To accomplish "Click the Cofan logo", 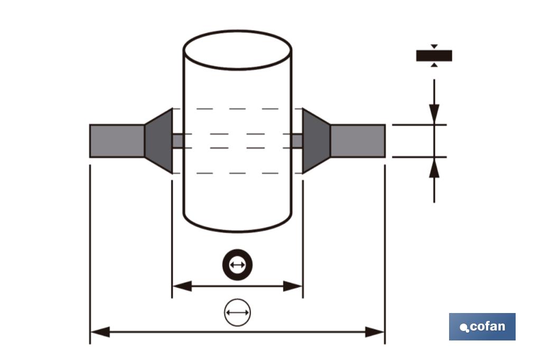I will pos(482,327).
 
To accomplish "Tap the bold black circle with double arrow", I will pos(237,264).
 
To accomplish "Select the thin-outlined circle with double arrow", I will pos(237,312).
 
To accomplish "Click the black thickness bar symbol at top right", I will pos(434,55).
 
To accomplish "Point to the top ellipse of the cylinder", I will pos(237,50).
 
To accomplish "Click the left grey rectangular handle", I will pos(117,141).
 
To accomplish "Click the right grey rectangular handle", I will pos(358,141).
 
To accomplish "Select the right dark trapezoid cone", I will pos(315,141).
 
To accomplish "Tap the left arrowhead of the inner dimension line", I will pos(181,287).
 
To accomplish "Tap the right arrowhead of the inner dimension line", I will pos(293,287).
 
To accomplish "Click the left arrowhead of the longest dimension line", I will pos(99,332).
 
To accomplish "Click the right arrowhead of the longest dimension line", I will pos(375,332).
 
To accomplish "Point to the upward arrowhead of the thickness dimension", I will pos(434,168).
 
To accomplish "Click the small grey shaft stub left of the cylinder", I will pos(178,141).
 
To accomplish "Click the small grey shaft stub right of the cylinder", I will pos(297,141).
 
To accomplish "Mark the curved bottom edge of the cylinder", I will pos(237,230).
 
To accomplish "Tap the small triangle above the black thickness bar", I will pos(434,46).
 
